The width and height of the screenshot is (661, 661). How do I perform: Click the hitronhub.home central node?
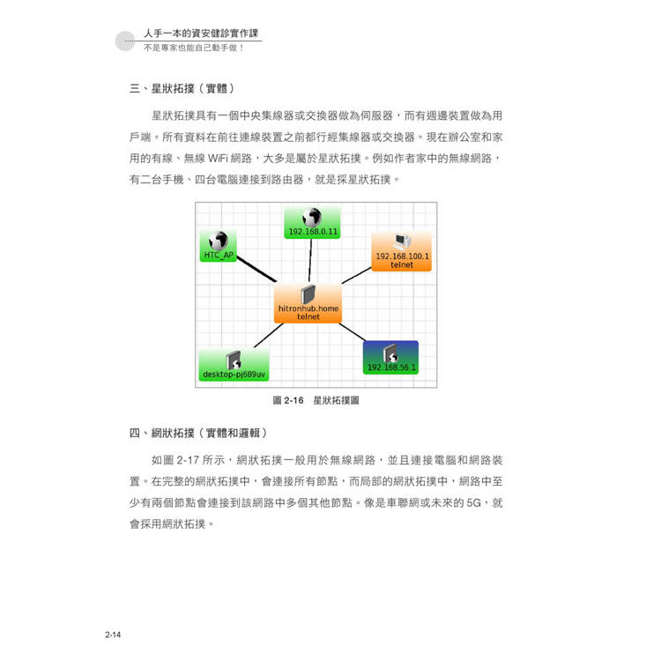(308, 303)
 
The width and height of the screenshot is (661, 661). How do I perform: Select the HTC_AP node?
(219, 246)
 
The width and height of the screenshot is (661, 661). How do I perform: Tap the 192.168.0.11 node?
(312, 223)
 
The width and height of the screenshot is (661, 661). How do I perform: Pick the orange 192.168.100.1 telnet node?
(401, 251)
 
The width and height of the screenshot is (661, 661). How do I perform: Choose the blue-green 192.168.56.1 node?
(390, 358)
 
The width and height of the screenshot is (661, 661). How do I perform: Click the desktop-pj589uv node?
(234, 364)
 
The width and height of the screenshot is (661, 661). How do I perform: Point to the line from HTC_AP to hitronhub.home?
(256, 269)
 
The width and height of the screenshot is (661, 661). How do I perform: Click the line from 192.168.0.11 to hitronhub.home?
(310, 261)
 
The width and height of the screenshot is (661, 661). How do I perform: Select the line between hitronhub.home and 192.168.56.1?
(353, 332)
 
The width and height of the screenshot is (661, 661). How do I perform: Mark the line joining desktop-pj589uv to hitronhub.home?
(269, 336)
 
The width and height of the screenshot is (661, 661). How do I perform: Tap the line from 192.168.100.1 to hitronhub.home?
(357, 275)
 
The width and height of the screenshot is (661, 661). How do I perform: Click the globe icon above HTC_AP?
(219, 241)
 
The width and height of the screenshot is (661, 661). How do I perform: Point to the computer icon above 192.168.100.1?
(402, 242)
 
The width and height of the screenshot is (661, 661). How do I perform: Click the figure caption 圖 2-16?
(288, 400)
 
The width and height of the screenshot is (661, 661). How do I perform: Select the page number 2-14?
(113, 635)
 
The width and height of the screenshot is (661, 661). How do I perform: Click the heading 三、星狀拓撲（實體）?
(182, 88)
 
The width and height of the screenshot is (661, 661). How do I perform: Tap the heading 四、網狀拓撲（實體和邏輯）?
(198, 433)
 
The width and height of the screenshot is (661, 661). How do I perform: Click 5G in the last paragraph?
(474, 503)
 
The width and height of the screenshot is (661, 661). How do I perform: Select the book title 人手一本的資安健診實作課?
(201, 33)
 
